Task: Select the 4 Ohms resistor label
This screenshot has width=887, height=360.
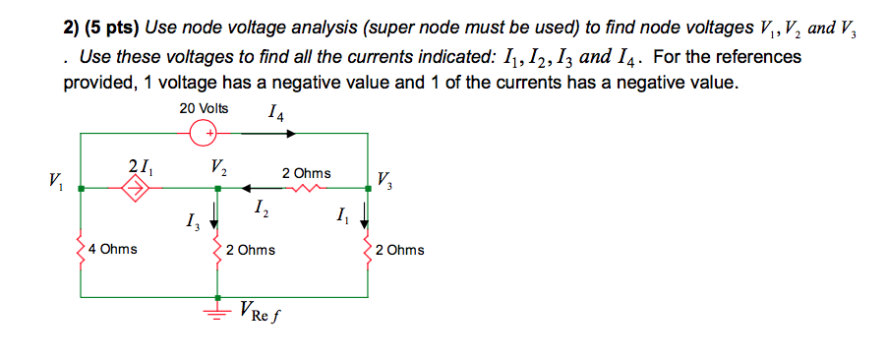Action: [x=112, y=250]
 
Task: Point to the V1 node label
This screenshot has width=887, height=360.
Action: [x=51, y=181]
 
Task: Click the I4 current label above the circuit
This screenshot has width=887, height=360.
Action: [x=276, y=112]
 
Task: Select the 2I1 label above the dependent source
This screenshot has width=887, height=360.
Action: [x=139, y=165]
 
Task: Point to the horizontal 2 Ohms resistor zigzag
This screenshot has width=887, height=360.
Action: [x=313, y=187]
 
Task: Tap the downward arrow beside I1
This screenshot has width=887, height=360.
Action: [x=364, y=214]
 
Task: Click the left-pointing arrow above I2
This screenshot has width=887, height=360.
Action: [x=250, y=187]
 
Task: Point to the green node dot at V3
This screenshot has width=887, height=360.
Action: [x=368, y=187]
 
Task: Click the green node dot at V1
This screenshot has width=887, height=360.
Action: [x=81, y=187]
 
